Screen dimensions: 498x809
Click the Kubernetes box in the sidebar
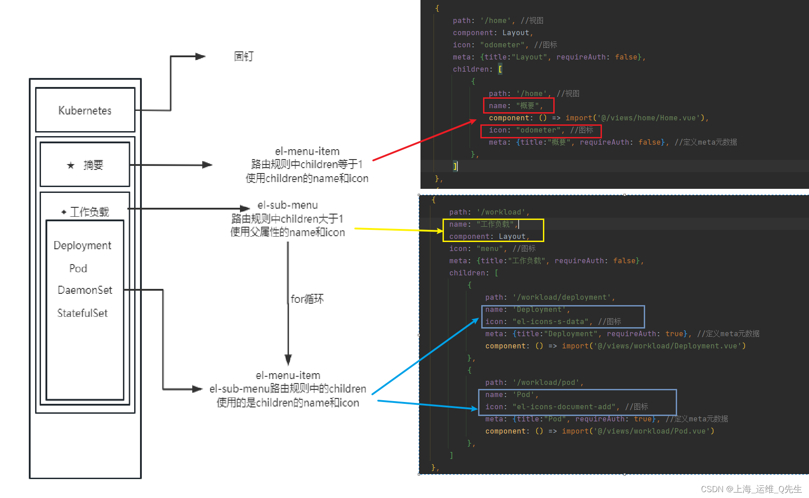tap(85, 110)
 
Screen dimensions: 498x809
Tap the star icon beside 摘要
tap(71, 165)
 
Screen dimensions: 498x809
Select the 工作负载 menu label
tap(89, 212)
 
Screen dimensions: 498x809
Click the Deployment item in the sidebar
tap(82, 246)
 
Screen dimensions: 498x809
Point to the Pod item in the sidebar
tap(78, 269)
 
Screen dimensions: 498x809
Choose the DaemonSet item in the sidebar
tap(85, 290)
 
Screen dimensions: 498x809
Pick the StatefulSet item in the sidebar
tap(82, 313)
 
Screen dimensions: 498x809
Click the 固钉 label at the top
tap(244, 56)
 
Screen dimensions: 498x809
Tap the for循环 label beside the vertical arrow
tap(307, 299)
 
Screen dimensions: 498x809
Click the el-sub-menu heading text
tap(288, 205)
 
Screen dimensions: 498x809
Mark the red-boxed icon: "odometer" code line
tap(541, 130)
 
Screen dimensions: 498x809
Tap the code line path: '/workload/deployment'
tap(550, 297)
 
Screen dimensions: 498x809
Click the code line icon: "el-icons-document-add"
tap(566, 407)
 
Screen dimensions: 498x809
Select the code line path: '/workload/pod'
tap(534, 383)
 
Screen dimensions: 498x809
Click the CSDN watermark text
tap(751, 489)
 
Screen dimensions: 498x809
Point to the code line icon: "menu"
tap(492, 249)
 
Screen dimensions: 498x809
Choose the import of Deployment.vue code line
tap(615, 346)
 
